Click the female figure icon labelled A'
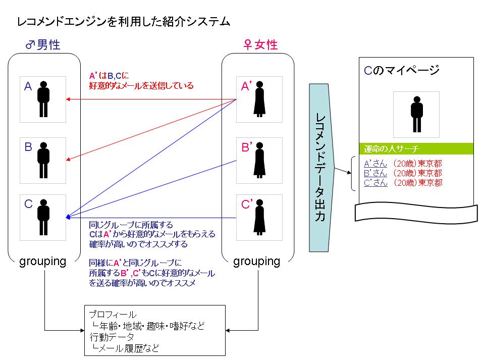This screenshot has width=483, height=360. (260, 99)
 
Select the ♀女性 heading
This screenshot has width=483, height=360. (260, 45)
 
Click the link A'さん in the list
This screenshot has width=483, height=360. (375, 164)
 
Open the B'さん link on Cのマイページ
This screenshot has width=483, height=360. (375, 173)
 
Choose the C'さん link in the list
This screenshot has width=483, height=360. (375, 182)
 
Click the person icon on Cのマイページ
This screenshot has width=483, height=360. (416, 114)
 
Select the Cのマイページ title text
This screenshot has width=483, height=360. (401, 70)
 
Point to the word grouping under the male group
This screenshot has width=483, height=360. (42, 261)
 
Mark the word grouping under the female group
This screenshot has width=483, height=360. (257, 261)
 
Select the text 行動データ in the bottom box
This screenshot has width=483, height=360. (112, 336)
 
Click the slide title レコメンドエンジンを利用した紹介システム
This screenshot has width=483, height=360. (124, 22)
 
